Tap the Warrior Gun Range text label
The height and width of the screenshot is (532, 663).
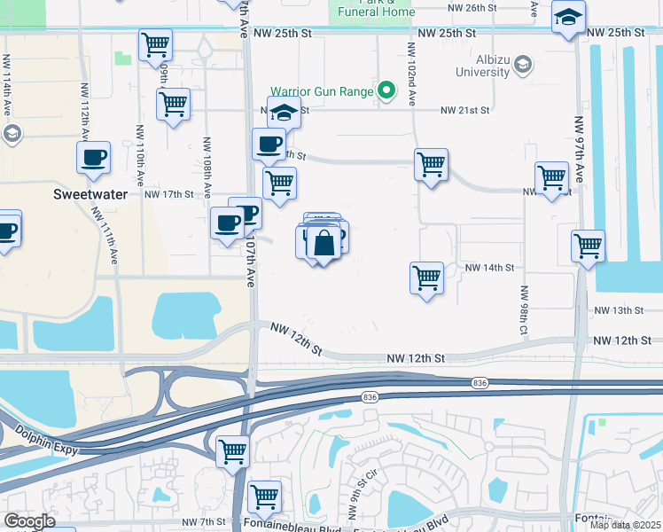point(321,90)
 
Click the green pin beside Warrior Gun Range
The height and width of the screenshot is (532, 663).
point(386,90)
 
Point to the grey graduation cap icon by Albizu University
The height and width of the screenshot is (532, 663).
point(523,64)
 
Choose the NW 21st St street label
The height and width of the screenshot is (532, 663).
point(466,111)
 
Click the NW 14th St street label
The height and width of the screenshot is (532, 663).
point(489,267)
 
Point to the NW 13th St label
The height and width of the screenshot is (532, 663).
point(618,310)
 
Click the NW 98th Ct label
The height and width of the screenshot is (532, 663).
point(524,311)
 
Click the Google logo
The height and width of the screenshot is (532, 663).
point(29,521)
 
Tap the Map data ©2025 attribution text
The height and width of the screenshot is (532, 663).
point(625,525)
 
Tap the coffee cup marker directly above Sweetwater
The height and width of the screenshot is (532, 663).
point(93,159)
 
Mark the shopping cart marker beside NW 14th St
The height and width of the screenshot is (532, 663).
point(426,278)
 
